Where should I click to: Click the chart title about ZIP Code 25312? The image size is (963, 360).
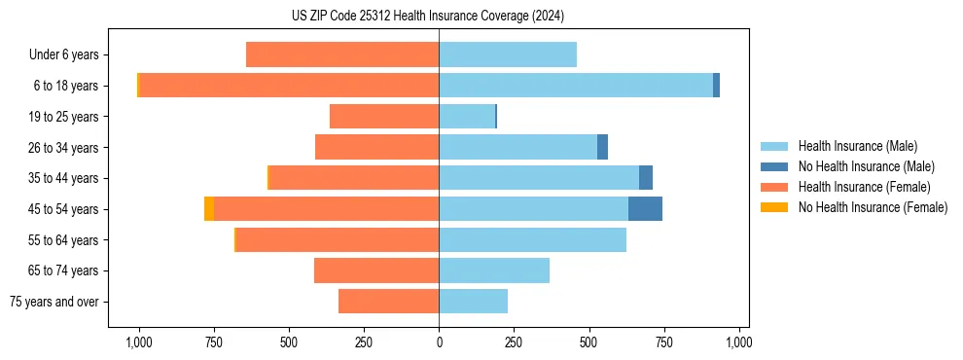coord(427,17)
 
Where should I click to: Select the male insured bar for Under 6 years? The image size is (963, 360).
coord(508,54)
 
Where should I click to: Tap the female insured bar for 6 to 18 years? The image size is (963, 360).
coord(289,86)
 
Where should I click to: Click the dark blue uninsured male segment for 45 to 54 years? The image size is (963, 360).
coord(645,209)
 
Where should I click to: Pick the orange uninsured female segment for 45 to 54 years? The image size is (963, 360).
coord(209,209)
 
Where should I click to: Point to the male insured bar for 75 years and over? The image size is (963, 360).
coord(473,302)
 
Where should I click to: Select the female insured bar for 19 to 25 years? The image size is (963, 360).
coord(384,117)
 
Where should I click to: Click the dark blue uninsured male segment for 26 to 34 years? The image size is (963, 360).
coord(602,147)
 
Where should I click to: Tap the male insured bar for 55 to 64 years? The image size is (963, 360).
coord(532,239)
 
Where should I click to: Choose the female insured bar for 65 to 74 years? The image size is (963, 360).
coord(376,270)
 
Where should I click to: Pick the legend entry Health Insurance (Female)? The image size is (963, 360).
coord(864,187)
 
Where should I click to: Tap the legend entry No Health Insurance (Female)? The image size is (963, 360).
coord(873,207)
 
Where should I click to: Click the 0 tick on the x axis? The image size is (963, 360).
coord(439,342)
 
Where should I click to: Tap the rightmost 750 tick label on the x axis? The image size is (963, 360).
coord(663,342)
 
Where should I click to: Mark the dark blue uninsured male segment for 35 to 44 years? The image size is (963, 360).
coord(646,178)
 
